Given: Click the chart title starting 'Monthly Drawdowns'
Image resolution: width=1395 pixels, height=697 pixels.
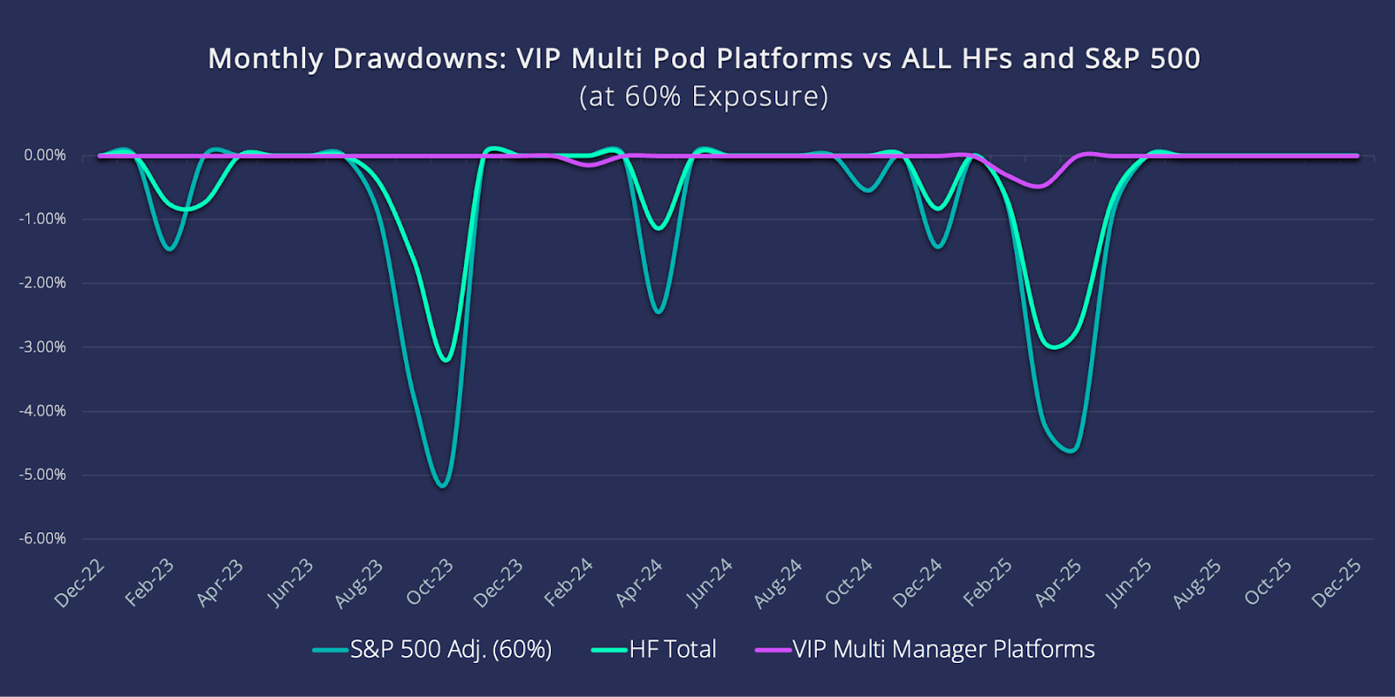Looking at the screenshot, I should [704, 58].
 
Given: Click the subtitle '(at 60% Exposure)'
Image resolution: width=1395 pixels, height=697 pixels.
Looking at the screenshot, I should [704, 96].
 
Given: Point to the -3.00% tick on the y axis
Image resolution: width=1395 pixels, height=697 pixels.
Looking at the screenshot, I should [44, 347].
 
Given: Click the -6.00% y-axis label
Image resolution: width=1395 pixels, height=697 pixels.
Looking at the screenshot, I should [44, 538].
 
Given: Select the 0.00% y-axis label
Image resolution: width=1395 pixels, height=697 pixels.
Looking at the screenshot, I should [45, 155].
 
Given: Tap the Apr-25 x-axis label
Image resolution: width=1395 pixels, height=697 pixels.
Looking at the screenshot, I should [1058, 583].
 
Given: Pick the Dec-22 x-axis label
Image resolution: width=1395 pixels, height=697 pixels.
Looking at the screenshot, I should [80, 583].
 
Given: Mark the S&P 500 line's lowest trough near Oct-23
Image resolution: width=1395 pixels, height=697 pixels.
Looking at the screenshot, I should [443, 486].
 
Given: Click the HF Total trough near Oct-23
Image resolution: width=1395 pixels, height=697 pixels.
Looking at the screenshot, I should [446, 359].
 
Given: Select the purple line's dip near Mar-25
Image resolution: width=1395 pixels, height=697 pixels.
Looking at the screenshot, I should [1037, 186].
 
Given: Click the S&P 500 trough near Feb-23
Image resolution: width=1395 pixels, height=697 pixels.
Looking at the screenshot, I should [170, 249].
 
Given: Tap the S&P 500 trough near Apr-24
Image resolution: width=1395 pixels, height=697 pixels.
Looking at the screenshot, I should [659, 311].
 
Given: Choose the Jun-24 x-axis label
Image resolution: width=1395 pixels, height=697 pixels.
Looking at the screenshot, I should [710, 583].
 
